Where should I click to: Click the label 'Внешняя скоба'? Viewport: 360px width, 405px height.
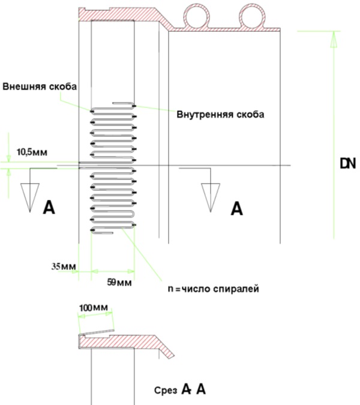(x=40, y=86)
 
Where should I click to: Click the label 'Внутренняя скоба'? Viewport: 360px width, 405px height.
(x=220, y=115)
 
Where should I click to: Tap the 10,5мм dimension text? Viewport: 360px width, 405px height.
(x=32, y=152)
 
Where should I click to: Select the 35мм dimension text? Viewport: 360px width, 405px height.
(x=64, y=266)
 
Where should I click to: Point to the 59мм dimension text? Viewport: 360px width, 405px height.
(x=119, y=283)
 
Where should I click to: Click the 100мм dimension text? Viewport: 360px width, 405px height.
(x=94, y=308)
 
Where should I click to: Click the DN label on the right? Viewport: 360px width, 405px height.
(x=348, y=163)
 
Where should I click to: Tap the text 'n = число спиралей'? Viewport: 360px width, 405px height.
(x=214, y=289)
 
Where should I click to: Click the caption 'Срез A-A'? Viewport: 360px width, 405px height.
(x=180, y=389)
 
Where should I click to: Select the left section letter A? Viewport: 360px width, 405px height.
(x=49, y=208)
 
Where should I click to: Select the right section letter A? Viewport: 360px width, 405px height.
(x=236, y=209)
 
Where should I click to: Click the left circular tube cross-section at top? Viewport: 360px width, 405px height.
(x=197, y=17)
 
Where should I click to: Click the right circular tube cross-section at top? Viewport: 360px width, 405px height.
(x=253, y=17)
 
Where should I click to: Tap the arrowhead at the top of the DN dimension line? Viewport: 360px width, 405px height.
(x=334, y=39)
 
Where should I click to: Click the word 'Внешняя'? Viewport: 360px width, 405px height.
(x=24, y=86)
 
